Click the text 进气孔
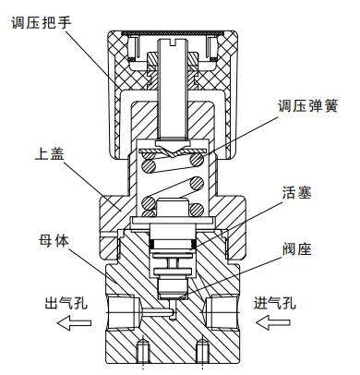pyautogui.click(x=274, y=302)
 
